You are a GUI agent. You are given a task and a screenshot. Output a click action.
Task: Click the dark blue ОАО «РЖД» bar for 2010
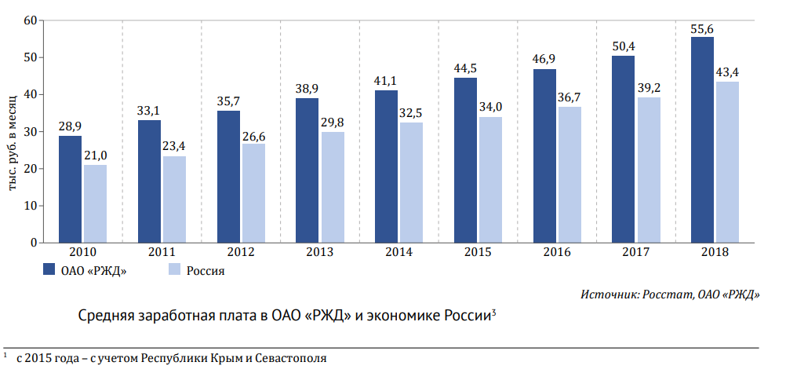coord(70,189)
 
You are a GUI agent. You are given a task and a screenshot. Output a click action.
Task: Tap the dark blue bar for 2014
coord(386,166)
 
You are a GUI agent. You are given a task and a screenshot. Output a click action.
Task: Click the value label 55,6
coord(702,29)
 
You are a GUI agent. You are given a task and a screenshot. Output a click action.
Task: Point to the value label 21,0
coord(96,155)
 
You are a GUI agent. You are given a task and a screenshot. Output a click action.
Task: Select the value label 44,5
coord(465,68)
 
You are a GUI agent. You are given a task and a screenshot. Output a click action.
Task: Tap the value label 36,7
coord(569,97)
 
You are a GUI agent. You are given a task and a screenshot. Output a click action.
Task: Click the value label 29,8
coord(333,123)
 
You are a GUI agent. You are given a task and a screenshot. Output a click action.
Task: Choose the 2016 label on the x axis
coord(557,252)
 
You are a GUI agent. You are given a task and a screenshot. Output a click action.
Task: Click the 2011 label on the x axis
coord(162,252)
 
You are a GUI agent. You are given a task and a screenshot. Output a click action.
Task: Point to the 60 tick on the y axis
coord(31,20)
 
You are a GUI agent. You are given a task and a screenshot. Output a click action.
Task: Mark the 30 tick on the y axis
coord(31,132)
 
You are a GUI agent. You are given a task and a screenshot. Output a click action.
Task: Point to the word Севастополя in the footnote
coord(292,359)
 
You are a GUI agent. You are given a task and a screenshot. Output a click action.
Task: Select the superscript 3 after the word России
coord(493,313)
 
